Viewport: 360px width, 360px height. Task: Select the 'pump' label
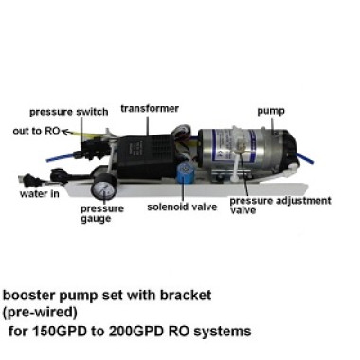(272, 111)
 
